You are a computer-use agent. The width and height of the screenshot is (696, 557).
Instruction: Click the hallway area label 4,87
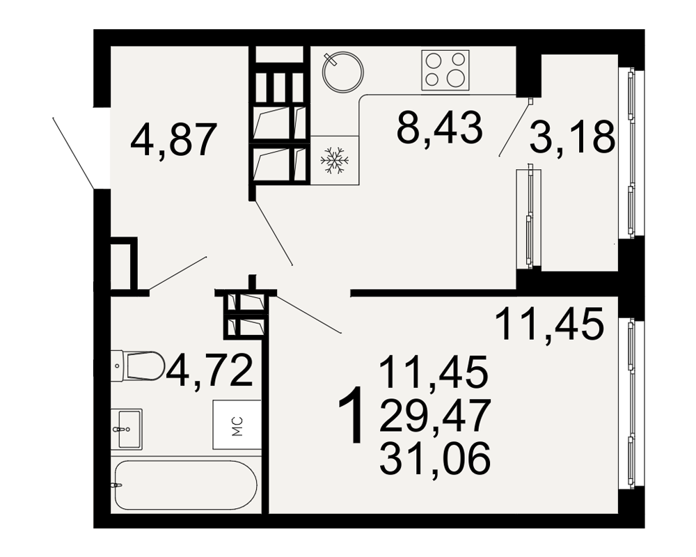pos(173,140)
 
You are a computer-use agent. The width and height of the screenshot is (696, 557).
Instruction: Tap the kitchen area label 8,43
pos(439,127)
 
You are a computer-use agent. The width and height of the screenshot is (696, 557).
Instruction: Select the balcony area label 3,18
pos(572,136)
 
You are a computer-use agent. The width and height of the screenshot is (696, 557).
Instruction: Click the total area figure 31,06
pos(435,458)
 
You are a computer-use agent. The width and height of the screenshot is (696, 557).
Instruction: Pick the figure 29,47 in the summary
pos(435,415)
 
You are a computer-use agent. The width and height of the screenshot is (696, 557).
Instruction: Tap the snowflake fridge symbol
pos(335,160)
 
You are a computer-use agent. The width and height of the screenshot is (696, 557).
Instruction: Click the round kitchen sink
pos(342,72)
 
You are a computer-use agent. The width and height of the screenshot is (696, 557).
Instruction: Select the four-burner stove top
pos(445,70)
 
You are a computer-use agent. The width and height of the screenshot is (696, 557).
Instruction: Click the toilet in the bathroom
pos(137,366)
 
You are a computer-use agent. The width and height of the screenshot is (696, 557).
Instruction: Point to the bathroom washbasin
pos(127,429)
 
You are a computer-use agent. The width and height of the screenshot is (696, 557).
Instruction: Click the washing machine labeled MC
pos(237,425)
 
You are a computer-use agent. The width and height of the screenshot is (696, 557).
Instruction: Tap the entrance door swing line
pos(73,152)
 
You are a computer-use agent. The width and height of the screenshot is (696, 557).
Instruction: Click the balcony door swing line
pos(514,128)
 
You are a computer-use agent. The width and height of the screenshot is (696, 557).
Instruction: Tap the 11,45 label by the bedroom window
pos(549,324)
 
